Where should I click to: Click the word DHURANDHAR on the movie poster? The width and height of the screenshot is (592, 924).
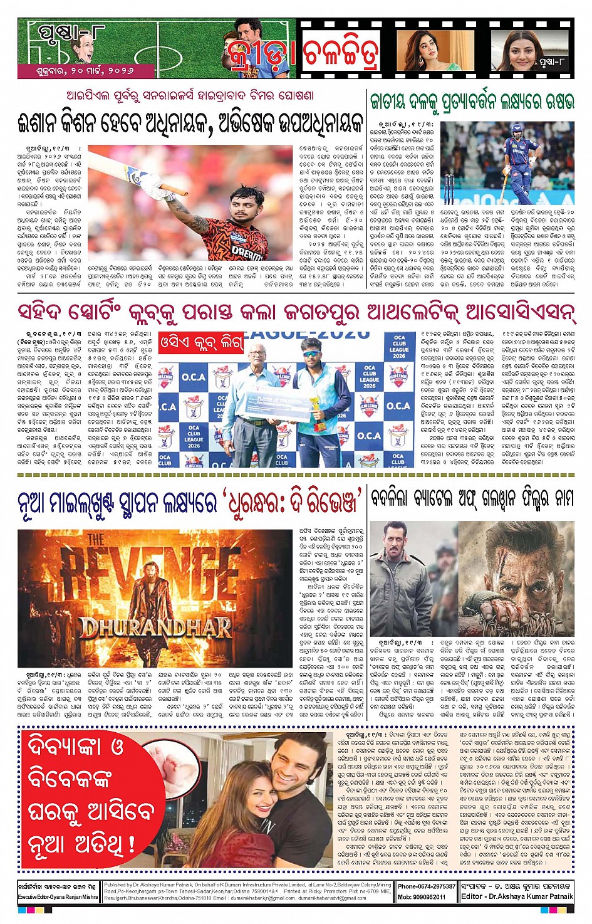point(155,627)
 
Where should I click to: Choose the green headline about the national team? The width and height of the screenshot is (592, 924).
point(472,102)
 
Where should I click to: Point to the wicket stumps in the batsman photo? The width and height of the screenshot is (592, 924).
point(449,190)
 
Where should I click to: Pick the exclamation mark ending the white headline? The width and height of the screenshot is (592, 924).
point(132,843)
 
